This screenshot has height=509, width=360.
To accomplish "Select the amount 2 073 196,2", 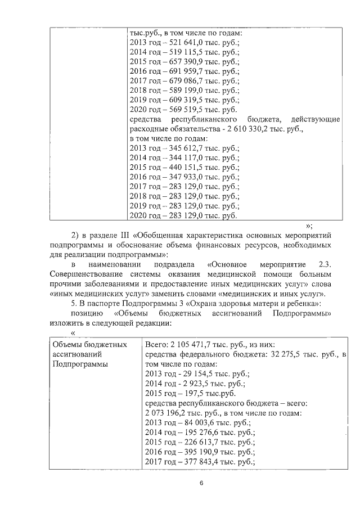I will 169,412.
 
